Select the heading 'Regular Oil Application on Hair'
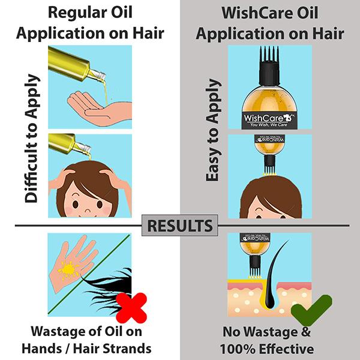click(x=91, y=23)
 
